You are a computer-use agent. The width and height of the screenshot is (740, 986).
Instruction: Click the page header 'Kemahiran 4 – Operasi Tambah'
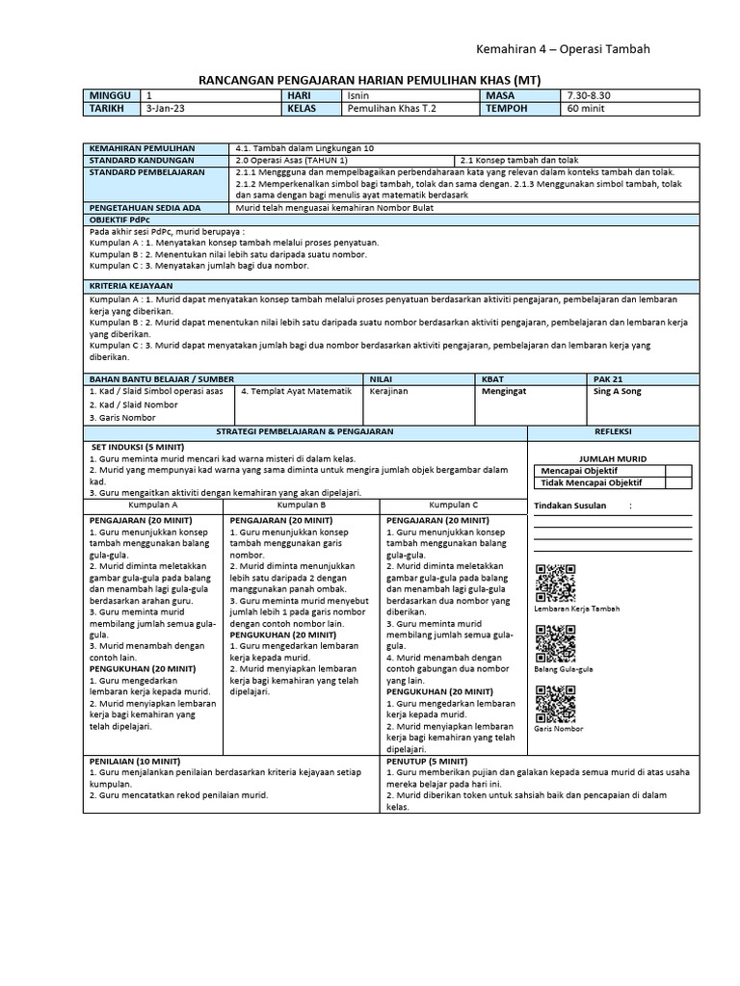(563, 49)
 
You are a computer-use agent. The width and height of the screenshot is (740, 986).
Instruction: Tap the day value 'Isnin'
(357, 96)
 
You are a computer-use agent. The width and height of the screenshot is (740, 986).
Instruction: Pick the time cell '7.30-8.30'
(591, 96)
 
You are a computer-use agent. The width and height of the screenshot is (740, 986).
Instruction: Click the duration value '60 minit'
(587, 110)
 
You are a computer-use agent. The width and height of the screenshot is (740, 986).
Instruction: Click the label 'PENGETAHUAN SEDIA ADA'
(145, 207)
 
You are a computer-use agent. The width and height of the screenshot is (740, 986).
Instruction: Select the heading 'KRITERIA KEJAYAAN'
(131, 286)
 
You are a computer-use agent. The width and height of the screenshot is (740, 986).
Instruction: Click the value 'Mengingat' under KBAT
(504, 392)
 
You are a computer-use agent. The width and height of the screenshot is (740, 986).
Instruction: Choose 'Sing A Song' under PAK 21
(618, 392)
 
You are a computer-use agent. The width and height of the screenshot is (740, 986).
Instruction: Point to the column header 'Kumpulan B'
(302, 505)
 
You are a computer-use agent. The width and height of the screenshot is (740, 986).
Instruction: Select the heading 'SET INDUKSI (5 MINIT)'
(141, 448)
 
